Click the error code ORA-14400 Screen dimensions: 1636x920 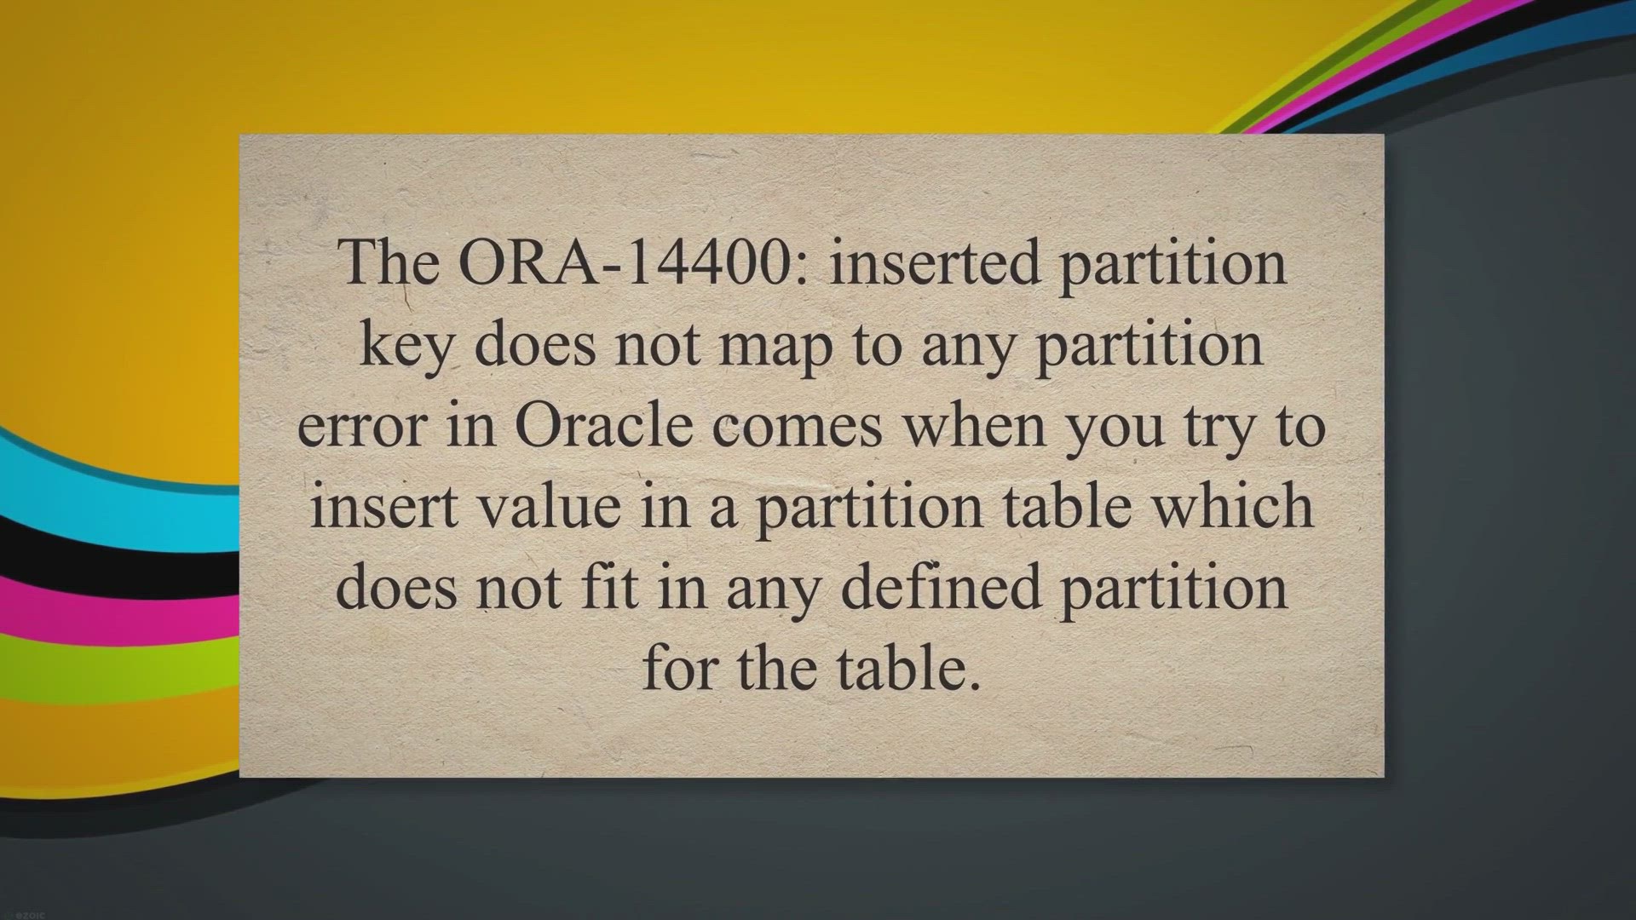coord(637,262)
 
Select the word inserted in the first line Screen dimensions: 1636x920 coord(935,262)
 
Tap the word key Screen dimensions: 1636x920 coord(406,346)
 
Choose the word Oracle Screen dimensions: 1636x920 coord(603,423)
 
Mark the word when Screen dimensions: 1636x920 coord(974,423)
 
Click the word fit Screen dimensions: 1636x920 coord(610,587)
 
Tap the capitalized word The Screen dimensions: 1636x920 coord(389,262)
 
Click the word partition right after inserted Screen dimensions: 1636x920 coord(1172,265)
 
